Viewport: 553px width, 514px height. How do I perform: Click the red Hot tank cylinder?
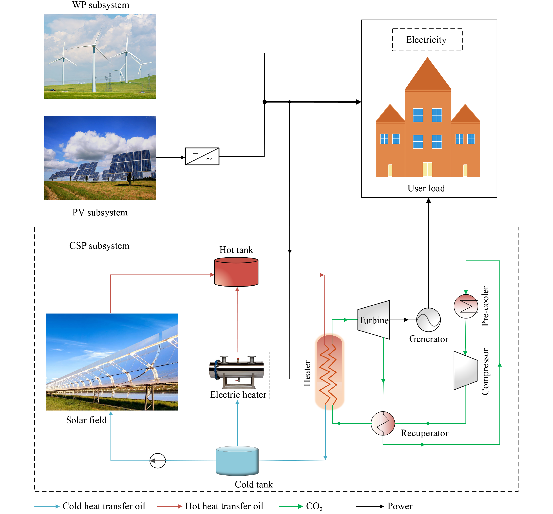(236, 272)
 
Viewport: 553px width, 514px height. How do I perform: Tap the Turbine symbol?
(373, 320)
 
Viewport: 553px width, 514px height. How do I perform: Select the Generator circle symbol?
(428, 320)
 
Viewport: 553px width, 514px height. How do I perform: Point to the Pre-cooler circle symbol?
(466, 306)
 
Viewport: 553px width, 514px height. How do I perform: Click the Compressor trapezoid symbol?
(466, 370)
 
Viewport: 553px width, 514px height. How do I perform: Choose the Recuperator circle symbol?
(383, 423)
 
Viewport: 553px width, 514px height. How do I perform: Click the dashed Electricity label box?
(427, 39)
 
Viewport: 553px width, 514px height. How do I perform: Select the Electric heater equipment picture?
(237, 372)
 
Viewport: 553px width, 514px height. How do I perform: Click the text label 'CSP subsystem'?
(99, 246)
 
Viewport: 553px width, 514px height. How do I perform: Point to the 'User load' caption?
(426, 188)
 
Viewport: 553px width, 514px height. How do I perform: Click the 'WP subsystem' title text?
(101, 5)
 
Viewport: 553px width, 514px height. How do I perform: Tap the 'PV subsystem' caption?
(100, 213)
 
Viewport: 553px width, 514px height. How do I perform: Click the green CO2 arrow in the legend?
(291, 506)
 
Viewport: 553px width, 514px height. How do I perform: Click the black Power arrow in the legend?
(370, 506)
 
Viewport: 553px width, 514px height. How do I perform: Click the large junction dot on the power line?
(264, 102)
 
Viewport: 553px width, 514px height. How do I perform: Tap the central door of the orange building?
(427, 169)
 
